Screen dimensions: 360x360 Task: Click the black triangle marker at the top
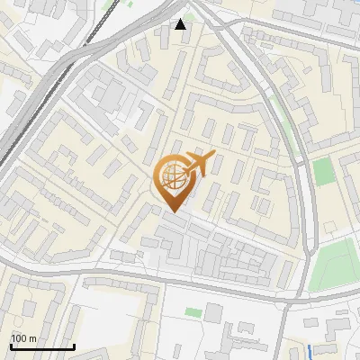coord(181,24)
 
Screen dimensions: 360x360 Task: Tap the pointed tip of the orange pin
coord(173,212)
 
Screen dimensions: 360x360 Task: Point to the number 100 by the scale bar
coord(19,338)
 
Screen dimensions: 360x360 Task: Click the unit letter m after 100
coord(32,338)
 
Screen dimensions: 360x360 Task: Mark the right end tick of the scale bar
coord(74,345)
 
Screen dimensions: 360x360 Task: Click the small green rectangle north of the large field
coord(324,171)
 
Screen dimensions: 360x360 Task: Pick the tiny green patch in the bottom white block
coord(193,312)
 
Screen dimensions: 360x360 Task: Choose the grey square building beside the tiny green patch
coord(212,311)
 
